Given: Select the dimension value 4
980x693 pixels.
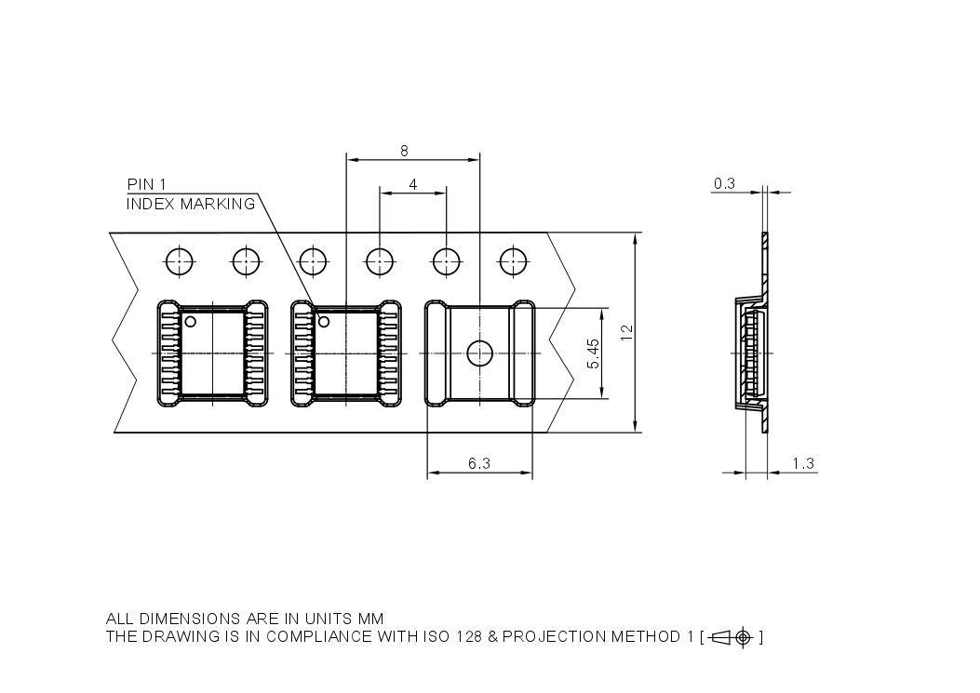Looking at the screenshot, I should (413, 184).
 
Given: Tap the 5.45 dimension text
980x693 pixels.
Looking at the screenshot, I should (594, 354).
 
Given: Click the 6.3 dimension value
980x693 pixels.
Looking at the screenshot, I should (479, 463).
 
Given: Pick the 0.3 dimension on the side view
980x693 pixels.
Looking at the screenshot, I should (723, 183).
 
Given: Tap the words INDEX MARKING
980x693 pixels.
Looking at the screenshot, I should (190, 204).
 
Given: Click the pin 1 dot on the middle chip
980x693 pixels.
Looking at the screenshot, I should (325, 322).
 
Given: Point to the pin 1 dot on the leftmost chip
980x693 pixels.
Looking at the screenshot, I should (190, 322).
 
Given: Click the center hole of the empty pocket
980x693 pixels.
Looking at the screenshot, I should (479, 353).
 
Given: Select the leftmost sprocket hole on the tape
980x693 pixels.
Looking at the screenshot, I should (179, 261).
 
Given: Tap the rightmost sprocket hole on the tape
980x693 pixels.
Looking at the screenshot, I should (513, 261).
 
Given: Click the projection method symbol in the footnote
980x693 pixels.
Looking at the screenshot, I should (732, 637).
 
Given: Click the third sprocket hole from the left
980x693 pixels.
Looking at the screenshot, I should (313, 261).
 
